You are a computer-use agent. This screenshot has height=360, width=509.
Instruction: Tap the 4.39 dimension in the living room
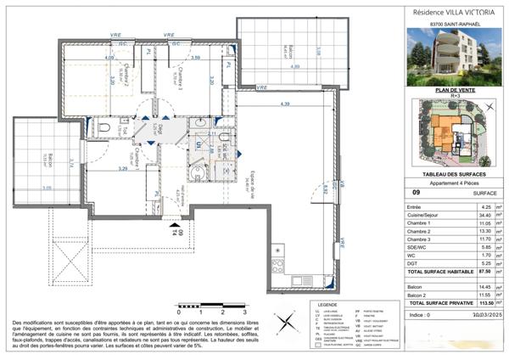[285, 104]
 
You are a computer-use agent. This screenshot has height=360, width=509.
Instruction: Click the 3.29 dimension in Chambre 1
[122, 169]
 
